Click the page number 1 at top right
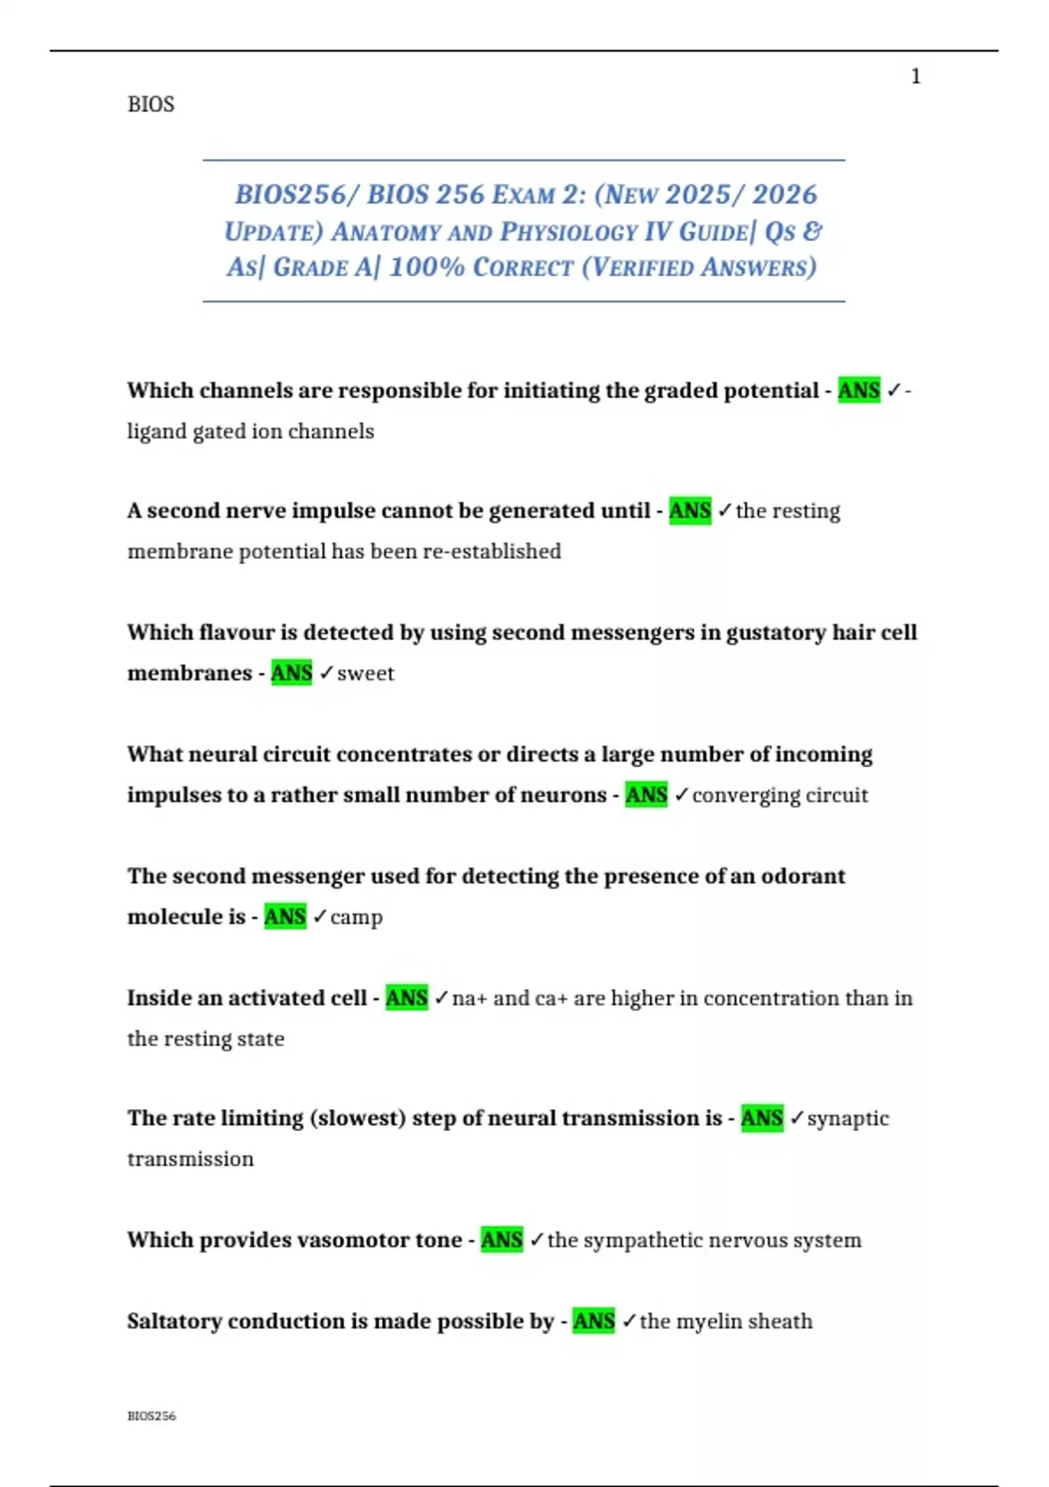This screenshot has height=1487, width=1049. coord(915,77)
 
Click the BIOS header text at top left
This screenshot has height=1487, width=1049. coord(150,104)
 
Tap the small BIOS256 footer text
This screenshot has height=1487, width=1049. coord(151,1415)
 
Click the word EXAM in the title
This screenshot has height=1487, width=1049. coord(523,194)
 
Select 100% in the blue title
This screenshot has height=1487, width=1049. coord(426,267)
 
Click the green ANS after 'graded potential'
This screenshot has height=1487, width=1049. coord(858,390)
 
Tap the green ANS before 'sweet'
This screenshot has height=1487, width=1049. coord(291,673)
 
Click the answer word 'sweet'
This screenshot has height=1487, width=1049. coord(365,674)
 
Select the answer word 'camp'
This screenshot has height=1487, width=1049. coord(357,918)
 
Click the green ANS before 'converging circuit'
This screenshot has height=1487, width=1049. coord(646,795)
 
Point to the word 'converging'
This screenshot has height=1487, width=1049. coord(746,796)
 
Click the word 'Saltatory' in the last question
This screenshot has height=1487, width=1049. coord(173,1321)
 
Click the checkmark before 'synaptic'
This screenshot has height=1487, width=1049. coord(796,1118)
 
